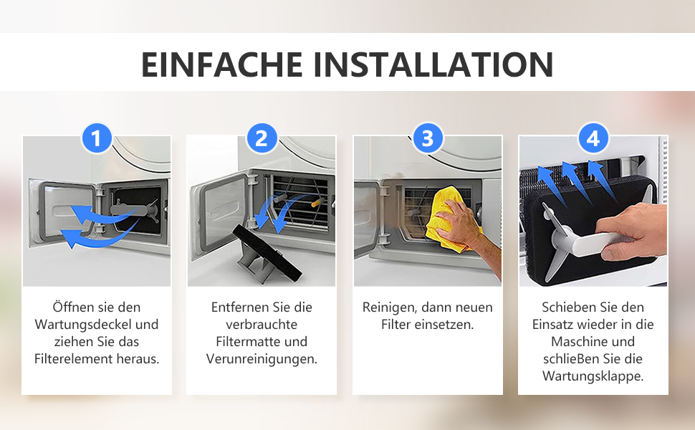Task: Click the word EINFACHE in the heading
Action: tap(222, 64)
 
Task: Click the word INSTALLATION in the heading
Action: tap(433, 64)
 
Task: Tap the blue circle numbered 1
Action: tap(97, 138)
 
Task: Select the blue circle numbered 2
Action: tap(262, 138)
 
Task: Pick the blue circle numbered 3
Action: tap(427, 138)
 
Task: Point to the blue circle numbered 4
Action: tap(593, 138)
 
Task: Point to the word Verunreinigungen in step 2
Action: tap(262, 359)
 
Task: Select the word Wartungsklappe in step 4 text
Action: tap(593, 376)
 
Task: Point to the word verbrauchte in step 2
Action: tap(262, 325)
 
